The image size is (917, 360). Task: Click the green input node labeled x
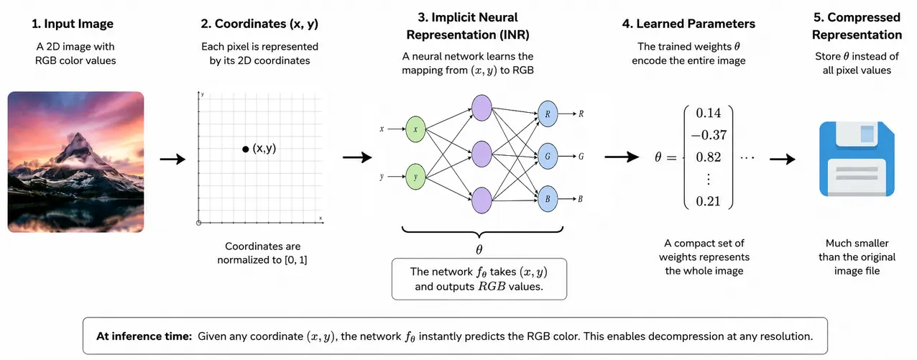click(415, 129)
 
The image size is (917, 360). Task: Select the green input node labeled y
click(415, 177)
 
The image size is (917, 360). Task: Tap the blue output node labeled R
click(548, 114)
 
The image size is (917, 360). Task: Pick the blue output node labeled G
click(548, 156)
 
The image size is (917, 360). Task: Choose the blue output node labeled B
click(548, 198)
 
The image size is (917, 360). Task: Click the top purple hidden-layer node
click(481, 108)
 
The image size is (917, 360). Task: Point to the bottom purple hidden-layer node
click(481, 200)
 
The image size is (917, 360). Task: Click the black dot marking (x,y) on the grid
click(246, 149)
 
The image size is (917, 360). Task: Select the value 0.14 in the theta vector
click(708, 113)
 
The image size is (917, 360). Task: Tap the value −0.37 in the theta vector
click(709, 135)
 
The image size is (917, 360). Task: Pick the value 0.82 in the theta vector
click(708, 157)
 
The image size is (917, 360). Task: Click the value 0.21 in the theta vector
click(708, 201)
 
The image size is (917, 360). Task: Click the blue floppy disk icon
click(857, 159)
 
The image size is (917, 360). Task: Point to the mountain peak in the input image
click(78, 135)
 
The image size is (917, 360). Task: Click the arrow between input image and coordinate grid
click(172, 159)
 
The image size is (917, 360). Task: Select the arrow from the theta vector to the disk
click(783, 159)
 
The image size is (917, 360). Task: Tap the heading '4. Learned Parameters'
click(688, 24)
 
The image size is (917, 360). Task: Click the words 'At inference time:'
click(144, 336)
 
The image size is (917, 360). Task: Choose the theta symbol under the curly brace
click(479, 249)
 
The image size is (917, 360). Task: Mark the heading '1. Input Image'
click(73, 24)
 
